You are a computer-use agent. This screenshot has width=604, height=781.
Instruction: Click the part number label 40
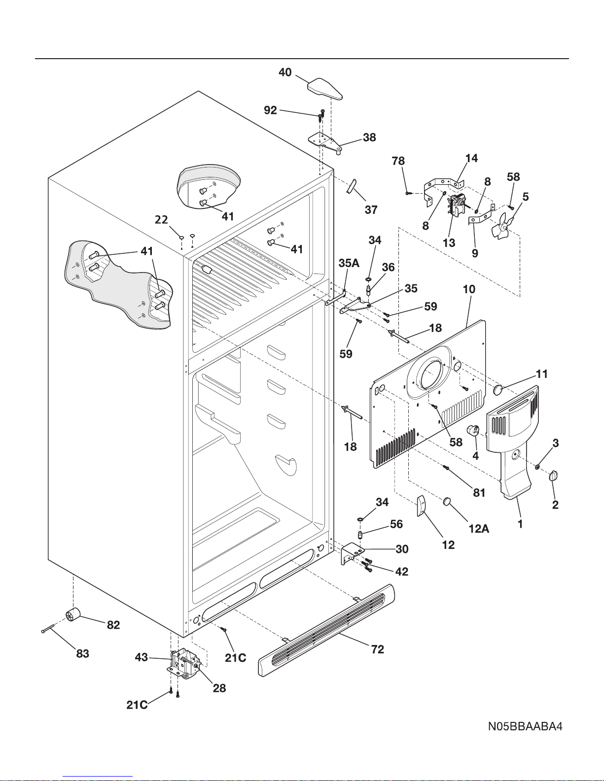point(285,72)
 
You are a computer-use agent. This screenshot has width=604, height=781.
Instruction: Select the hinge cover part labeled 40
point(324,88)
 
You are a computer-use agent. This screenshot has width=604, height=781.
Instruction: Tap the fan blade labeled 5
point(503,227)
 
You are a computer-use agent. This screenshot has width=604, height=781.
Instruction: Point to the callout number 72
point(378,649)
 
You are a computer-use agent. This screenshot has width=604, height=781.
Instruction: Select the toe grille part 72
point(326,630)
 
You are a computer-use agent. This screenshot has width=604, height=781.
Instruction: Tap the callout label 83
point(83,653)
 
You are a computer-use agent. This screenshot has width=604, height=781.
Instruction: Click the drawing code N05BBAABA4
point(525,726)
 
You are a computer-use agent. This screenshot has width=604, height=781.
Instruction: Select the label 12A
point(479,529)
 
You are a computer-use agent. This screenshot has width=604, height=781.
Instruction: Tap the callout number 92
point(270,110)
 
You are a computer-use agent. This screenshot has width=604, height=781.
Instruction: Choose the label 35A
point(349,263)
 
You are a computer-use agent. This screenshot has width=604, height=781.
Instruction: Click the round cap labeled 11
point(498,389)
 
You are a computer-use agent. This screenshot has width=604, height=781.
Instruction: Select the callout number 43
point(142,657)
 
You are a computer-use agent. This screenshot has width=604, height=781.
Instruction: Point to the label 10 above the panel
point(469,289)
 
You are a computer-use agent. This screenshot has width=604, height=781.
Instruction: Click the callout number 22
point(161,220)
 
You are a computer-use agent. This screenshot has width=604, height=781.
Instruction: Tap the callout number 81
point(479,492)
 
